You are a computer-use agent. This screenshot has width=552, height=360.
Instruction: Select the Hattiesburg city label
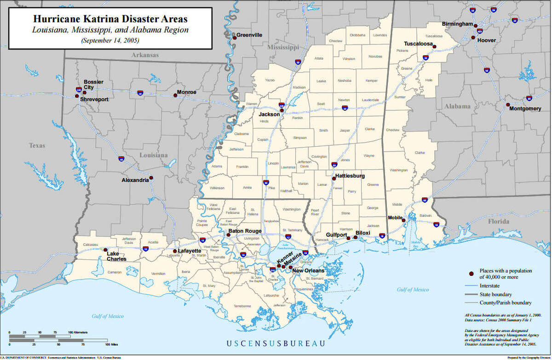pos(350,176)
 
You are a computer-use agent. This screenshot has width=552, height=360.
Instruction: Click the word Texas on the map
pos(37,145)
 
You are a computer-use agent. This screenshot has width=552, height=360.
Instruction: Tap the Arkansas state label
pos(145,55)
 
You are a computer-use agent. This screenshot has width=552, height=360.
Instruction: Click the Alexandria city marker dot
pos(151,177)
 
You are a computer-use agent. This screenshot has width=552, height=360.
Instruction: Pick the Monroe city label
pos(187,92)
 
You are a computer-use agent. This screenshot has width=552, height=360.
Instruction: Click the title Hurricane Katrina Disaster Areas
pos(110,20)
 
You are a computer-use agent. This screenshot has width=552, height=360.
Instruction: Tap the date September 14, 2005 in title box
pos(110,40)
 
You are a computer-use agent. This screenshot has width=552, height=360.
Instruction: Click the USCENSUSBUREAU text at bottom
pos(276,343)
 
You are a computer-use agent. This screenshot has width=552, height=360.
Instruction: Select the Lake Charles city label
pos(116,256)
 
